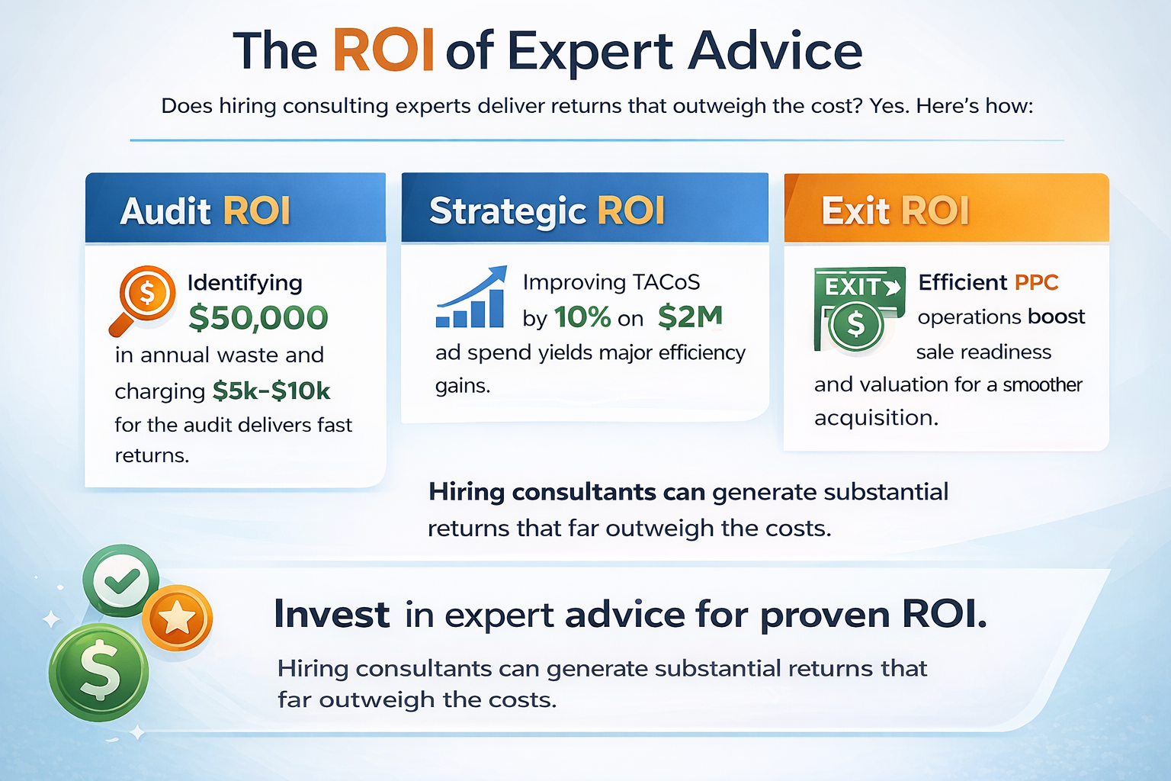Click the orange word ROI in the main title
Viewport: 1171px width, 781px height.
click(x=383, y=51)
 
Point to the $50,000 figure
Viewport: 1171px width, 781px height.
click(x=258, y=317)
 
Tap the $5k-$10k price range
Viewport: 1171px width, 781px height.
click(x=271, y=390)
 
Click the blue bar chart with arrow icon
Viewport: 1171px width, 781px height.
click(x=471, y=297)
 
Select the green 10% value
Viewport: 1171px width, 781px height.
click(x=582, y=317)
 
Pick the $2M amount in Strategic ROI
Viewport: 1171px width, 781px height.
click(x=690, y=316)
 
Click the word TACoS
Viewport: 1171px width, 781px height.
click(x=664, y=282)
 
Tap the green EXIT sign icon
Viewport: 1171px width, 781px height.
click(x=858, y=309)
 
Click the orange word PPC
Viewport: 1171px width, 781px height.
click(x=1036, y=282)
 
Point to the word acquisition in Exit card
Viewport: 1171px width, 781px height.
click(x=876, y=418)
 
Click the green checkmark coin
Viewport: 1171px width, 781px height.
click(x=121, y=580)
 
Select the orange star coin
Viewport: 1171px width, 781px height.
click(x=177, y=618)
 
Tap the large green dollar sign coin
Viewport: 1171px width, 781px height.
click(x=99, y=673)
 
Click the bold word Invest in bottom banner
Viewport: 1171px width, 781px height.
click(x=332, y=614)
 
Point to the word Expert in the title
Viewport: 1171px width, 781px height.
click(x=590, y=51)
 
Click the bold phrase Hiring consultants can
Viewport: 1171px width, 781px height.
click(x=566, y=492)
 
